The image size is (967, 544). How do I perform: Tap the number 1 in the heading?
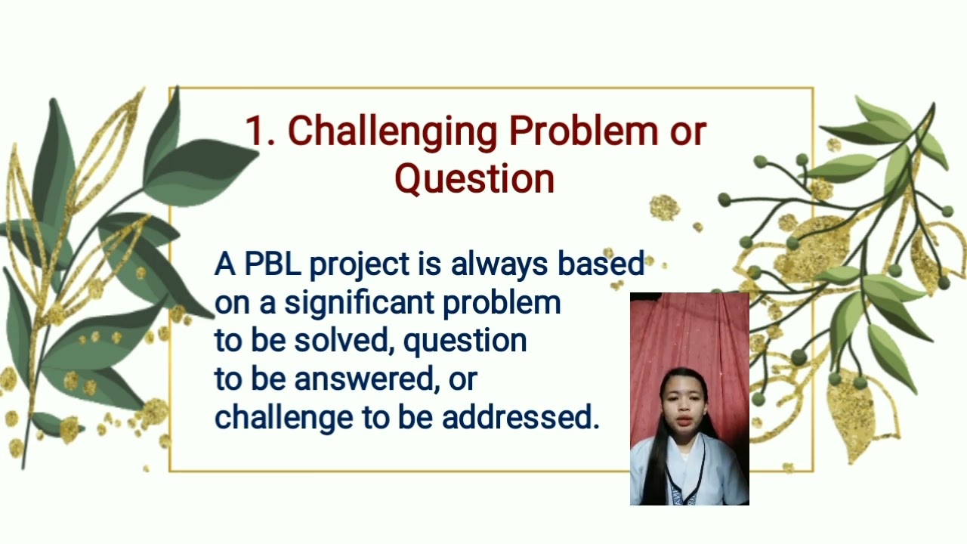(x=258, y=131)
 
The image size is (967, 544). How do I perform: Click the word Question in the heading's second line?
(x=474, y=179)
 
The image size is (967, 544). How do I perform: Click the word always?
(x=501, y=264)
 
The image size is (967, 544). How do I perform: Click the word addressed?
(x=520, y=417)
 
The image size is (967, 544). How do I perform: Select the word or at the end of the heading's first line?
(x=687, y=132)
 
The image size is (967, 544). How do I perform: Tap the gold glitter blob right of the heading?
(x=664, y=208)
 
